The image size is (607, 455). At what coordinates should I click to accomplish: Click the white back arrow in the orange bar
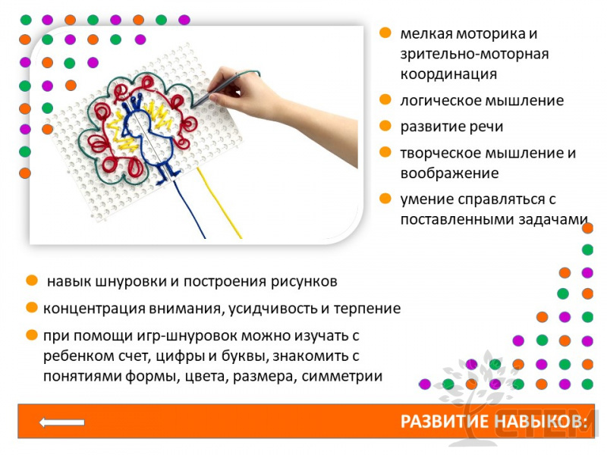pyautogui.click(x=62, y=422)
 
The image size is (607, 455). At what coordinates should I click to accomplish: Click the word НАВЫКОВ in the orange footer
pyautogui.click(x=541, y=422)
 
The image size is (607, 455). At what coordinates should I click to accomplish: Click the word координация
pyautogui.click(x=448, y=74)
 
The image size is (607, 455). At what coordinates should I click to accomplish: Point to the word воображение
pyautogui.click(x=449, y=174)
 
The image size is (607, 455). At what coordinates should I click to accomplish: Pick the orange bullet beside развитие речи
pyautogui.click(x=385, y=126)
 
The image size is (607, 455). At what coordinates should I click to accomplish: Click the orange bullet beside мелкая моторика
pyautogui.click(x=385, y=33)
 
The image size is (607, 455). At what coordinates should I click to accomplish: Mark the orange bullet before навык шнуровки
pyautogui.click(x=32, y=281)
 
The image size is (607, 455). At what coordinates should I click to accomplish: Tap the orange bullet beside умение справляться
pyautogui.click(x=385, y=199)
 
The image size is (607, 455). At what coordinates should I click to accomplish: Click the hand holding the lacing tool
pyautogui.click(x=271, y=105)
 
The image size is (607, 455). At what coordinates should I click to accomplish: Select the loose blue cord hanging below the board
pyautogui.click(x=189, y=209)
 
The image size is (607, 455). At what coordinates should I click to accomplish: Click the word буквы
pyautogui.click(x=244, y=356)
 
